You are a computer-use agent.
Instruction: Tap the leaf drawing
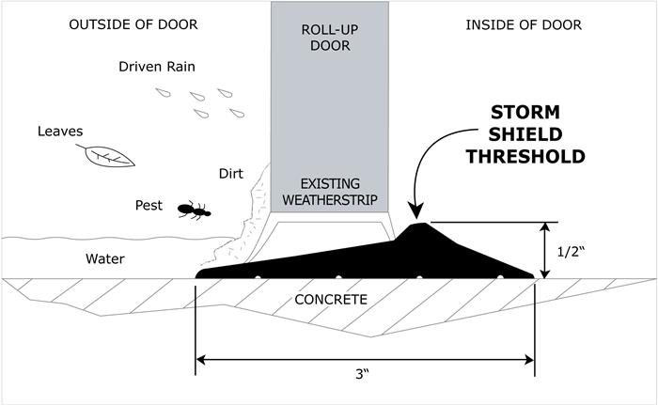(x=110, y=155)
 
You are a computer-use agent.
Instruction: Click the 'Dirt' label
(x=230, y=173)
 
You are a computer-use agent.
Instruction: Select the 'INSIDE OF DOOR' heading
(x=524, y=24)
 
